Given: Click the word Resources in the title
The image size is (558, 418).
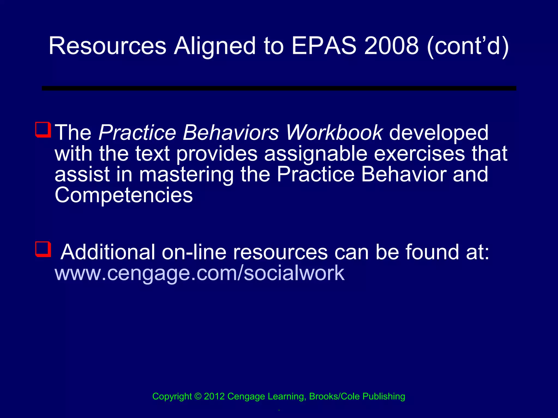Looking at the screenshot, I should coord(107,46).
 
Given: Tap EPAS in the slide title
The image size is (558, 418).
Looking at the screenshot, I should coord(324,46).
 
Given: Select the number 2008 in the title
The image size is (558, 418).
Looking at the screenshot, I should coord(391,46).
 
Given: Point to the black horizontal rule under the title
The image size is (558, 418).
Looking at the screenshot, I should coord(279,88).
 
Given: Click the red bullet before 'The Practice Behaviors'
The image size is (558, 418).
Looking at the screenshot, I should coord(43,130).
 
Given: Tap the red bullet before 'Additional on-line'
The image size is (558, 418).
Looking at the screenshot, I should coord(43,249).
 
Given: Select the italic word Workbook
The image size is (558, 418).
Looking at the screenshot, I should coord(334,133).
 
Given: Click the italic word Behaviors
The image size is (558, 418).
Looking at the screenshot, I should coord(231,133).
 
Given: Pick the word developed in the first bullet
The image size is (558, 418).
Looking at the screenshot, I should coord(439,133).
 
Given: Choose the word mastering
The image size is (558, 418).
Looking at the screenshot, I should coord(186,175).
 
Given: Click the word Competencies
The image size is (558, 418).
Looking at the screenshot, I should coord(124,195).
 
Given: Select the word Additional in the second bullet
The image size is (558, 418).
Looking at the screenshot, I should coord(108,252).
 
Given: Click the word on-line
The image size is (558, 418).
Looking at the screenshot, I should coord(194,252).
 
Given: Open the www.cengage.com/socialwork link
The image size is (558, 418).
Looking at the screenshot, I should coord(199,273).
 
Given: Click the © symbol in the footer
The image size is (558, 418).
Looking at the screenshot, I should coord(198,397).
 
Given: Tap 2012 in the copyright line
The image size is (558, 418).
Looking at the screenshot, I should coord(214,397).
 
